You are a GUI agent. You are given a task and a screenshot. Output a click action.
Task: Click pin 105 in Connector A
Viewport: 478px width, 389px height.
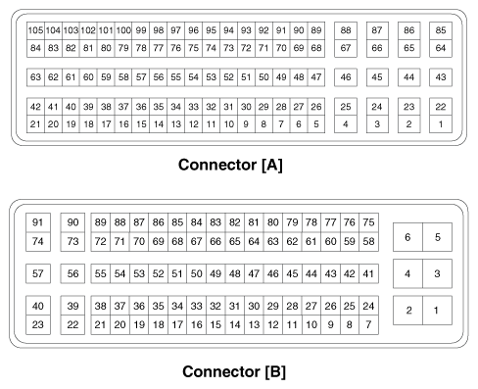(35, 30)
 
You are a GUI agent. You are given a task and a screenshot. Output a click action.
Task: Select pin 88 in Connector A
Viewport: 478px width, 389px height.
(345, 30)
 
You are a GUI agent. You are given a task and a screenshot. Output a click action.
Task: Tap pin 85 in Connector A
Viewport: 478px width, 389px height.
(441, 30)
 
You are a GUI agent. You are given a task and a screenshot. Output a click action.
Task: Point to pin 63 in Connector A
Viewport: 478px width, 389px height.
(35, 76)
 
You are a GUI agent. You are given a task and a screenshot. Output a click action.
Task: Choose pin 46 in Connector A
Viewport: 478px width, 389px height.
(345, 76)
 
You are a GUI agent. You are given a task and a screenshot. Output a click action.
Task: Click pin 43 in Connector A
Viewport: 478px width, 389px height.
(441, 76)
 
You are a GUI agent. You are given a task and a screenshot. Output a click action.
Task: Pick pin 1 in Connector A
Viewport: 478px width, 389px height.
(441, 123)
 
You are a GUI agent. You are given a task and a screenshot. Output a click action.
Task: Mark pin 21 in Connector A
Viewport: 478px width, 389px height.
(35, 123)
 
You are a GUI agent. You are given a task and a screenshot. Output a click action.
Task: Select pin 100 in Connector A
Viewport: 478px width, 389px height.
(124, 30)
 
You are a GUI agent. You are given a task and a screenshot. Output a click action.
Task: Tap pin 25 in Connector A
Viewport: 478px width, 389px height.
(345, 106)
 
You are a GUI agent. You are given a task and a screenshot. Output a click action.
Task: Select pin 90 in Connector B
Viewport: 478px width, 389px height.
(72, 222)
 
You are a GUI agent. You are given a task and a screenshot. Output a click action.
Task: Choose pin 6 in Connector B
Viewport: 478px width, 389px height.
(407, 236)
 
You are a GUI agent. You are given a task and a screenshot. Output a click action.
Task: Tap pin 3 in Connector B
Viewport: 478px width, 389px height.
(437, 273)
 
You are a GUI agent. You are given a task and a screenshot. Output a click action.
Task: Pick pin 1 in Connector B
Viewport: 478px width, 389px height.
(437, 311)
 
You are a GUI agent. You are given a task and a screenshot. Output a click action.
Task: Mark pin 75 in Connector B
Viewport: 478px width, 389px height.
(368, 222)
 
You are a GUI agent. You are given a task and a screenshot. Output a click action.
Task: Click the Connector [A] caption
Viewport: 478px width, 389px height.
(231, 165)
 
